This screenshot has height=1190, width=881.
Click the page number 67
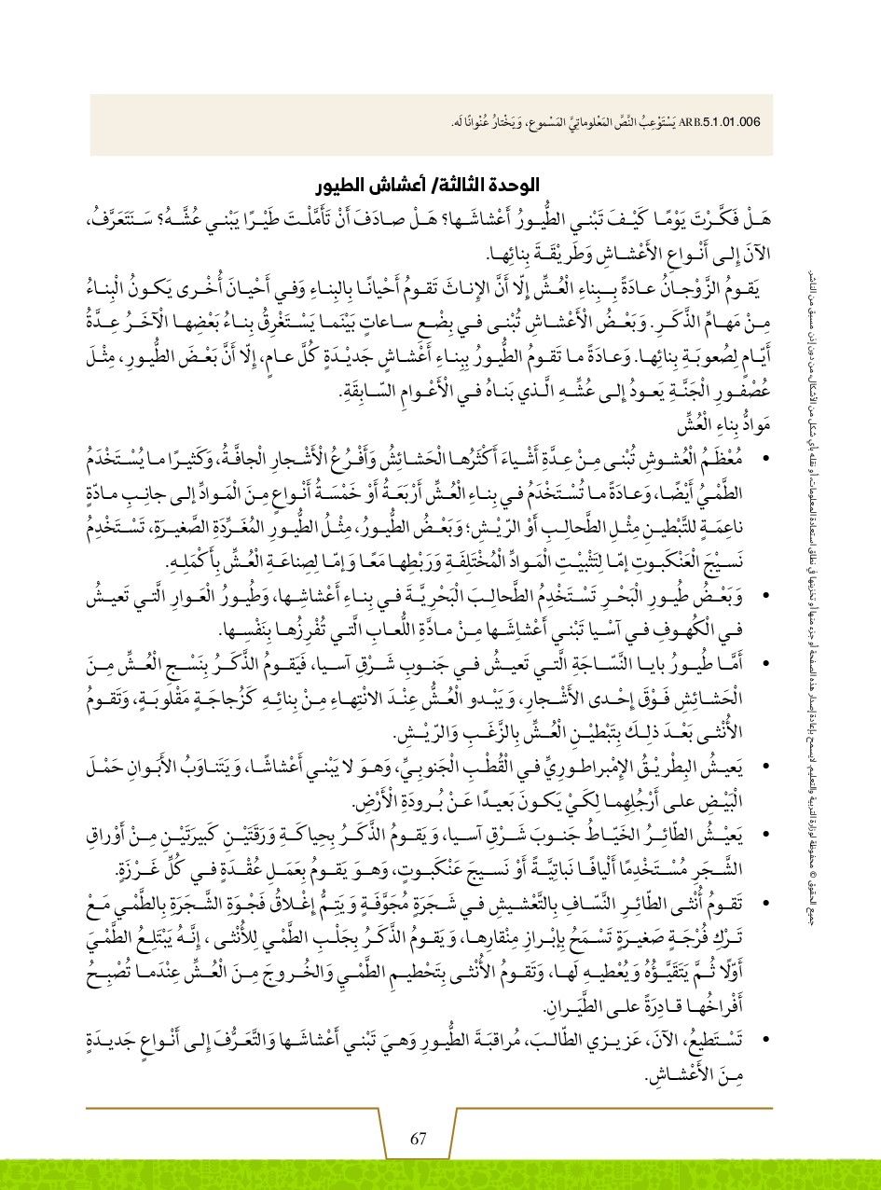pyautogui.click(x=418, y=1139)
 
